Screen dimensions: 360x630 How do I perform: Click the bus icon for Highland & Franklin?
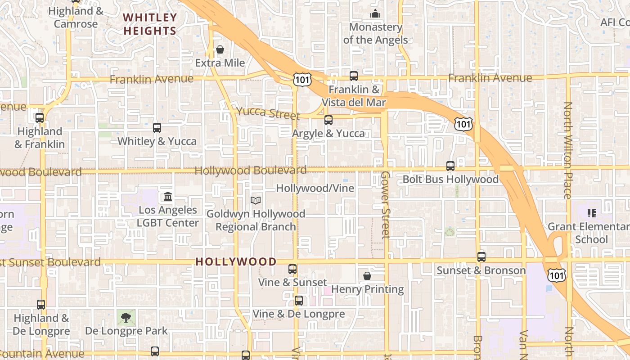(x=40, y=118)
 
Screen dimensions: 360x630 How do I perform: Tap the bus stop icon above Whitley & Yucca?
(x=157, y=128)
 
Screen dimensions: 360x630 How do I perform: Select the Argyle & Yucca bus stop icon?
(x=328, y=120)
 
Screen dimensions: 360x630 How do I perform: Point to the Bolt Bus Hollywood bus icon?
(x=450, y=166)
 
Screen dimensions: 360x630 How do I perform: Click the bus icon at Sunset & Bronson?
(x=481, y=257)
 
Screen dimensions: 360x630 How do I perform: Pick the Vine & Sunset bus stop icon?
(x=292, y=269)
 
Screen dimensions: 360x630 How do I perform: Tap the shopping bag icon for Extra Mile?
(x=220, y=49)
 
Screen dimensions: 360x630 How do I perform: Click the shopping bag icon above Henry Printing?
(x=367, y=275)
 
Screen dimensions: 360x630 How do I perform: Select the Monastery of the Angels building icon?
(x=375, y=14)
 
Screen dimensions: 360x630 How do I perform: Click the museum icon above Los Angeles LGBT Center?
(x=168, y=197)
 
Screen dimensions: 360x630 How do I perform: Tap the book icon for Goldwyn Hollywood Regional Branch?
(x=256, y=200)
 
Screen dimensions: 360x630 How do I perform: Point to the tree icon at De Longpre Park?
(x=126, y=318)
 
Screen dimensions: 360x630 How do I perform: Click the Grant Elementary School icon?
(x=592, y=213)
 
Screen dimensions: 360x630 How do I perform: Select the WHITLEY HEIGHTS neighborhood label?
(x=150, y=24)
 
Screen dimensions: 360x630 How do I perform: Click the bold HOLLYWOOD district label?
(x=236, y=262)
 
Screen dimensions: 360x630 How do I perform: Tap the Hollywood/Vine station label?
(x=315, y=188)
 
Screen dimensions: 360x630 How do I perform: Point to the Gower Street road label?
(x=385, y=205)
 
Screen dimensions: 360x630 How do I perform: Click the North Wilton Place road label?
(x=568, y=150)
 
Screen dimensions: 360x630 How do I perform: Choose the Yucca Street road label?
(x=262, y=113)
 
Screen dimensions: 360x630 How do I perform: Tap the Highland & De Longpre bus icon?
(x=41, y=305)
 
